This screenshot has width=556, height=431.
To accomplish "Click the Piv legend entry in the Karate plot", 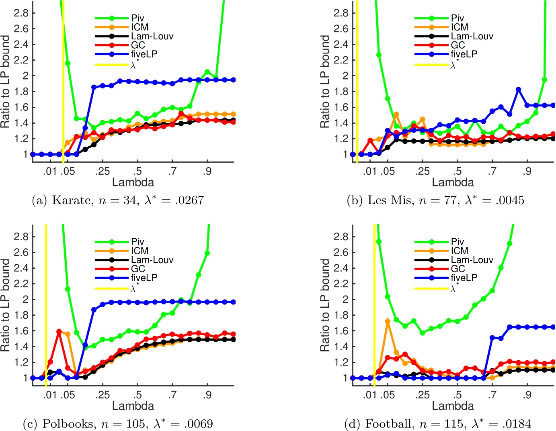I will coord(137,18).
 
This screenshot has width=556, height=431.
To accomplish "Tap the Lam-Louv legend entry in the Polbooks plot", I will coord(152,260).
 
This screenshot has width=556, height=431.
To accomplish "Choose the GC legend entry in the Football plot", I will coord(458,269).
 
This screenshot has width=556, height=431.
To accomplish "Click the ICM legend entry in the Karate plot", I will coord(140,27).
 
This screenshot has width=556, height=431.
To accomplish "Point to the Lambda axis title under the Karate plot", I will coord(133,182).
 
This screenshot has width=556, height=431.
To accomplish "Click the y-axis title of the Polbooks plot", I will coord(6,305).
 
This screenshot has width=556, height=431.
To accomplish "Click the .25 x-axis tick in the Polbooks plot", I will coord(102,395).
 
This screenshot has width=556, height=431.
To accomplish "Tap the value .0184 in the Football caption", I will coord(514,424).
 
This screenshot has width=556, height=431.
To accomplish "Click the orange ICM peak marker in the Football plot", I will coord(388,321).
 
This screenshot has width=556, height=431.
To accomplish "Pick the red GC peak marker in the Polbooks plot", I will coord(59,332).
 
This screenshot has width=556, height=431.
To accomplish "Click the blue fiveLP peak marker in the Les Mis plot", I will coord(518,90).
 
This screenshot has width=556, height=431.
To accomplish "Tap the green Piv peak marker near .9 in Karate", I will coord(207,72).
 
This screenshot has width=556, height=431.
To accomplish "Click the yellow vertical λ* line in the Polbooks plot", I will coord(46,305).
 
